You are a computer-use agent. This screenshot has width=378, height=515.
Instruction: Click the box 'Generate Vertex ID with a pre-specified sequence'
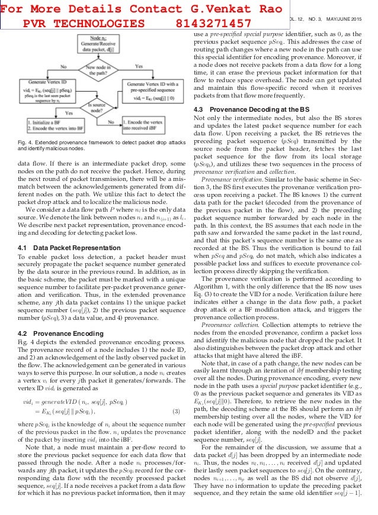(x=153, y=92)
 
